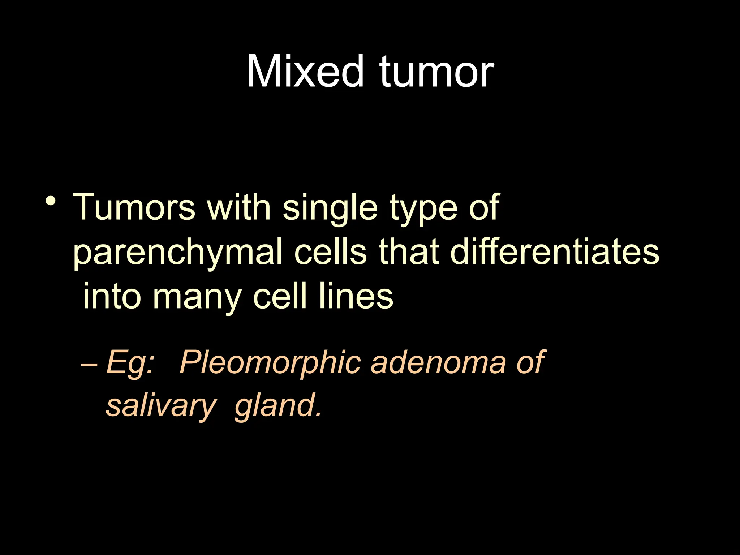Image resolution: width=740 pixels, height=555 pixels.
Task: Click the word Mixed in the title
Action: [x=305, y=72]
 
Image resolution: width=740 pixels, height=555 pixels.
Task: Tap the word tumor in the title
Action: [x=436, y=72]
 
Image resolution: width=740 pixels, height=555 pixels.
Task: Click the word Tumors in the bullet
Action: [x=134, y=207]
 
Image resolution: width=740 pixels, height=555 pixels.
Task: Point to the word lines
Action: [x=356, y=296]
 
